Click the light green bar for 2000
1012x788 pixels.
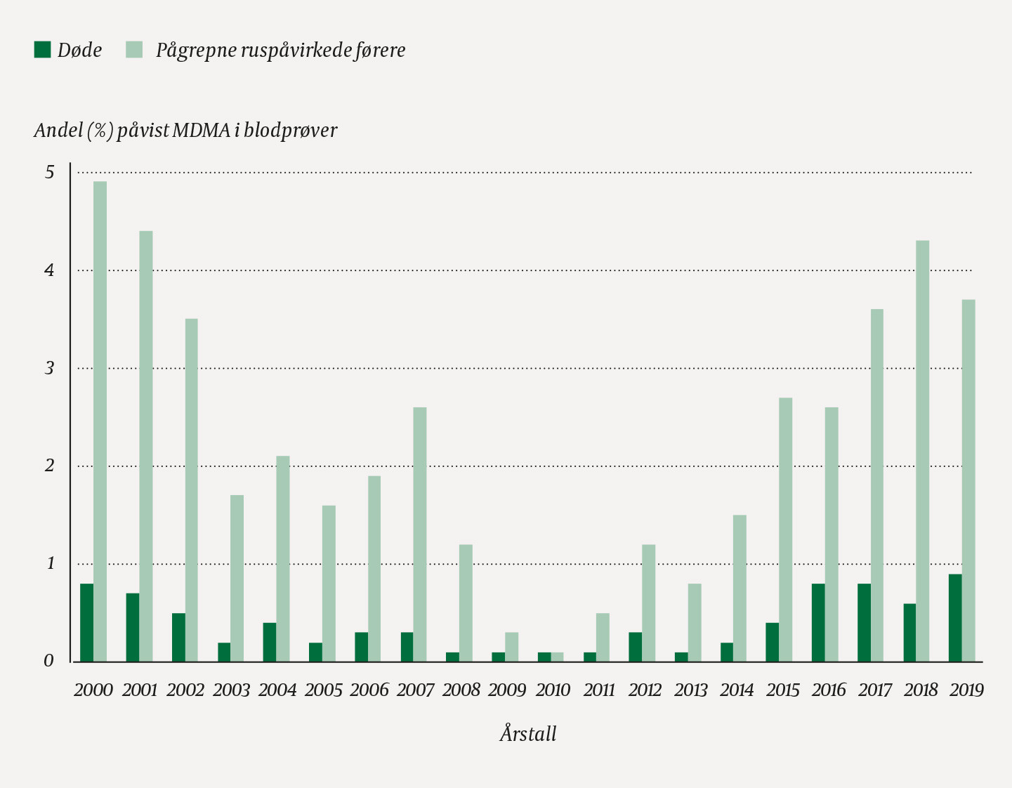coord(100,421)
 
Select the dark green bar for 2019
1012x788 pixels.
coord(955,618)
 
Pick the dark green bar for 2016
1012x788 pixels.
coord(818,623)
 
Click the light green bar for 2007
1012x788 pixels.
coord(420,534)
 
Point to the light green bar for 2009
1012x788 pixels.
coord(512,647)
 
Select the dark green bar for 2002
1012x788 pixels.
coord(178,638)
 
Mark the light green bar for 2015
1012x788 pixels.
coord(786,530)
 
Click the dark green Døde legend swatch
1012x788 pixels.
coord(42,50)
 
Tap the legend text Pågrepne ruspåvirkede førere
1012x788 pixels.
coord(280,51)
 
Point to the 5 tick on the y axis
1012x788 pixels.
coord(49,173)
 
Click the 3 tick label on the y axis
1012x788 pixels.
coord(49,369)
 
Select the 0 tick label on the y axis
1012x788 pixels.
coord(49,662)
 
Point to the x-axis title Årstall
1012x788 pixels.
coord(528,734)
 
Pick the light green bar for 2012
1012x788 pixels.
coord(649,603)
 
